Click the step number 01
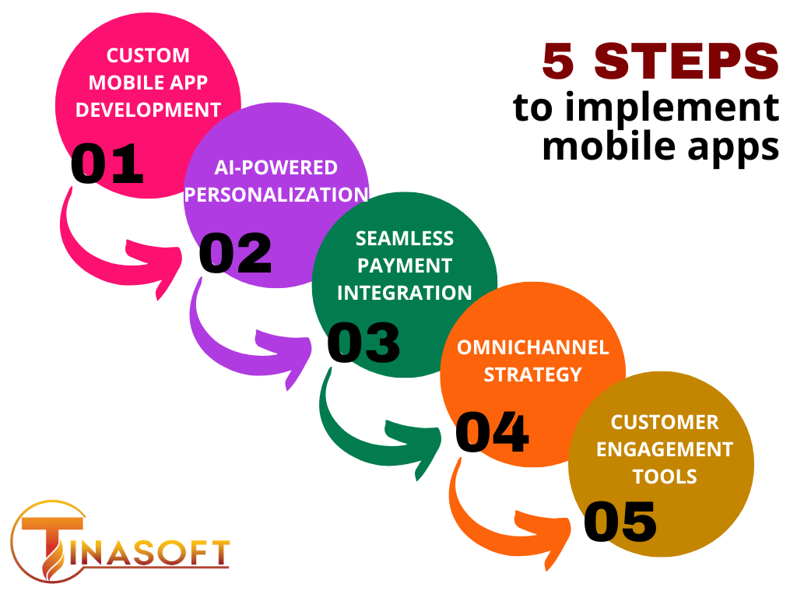pyautogui.click(x=107, y=164)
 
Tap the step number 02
pyautogui.click(x=235, y=253)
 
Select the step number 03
pyautogui.click(x=363, y=343)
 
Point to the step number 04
pyautogui.click(x=492, y=431)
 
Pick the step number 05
pyautogui.click(x=620, y=521)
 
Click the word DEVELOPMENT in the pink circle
pyautogui.click(x=148, y=110)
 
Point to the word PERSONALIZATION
pyautogui.click(x=276, y=195)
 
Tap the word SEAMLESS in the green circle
pyautogui.click(x=405, y=238)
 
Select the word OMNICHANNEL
pyautogui.click(x=532, y=347)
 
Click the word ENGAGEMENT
pyautogui.click(x=665, y=449)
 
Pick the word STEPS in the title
pyautogui.click(x=686, y=61)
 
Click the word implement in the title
pyautogui.click(x=672, y=109)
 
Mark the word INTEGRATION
pyautogui.click(x=405, y=293)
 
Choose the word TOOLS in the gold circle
pyautogui.click(x=665, y=477)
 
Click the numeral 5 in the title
pyautogui.click(x=558, y=61)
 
